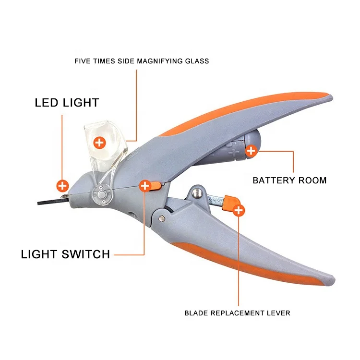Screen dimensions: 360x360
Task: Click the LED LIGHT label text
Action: tap(67, 103)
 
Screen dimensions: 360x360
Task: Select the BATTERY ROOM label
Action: tap(289, 180)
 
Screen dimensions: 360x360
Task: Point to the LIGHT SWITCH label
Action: tap(65, 254)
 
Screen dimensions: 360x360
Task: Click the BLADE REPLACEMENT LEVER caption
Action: tap(237, 313)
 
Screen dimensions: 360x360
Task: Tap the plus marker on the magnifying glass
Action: tap(99, 142)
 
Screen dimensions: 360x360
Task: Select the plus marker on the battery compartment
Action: tap(251, 152)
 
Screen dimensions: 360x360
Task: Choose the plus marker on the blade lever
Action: tap(239, 209)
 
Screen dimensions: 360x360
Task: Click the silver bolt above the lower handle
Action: tap(196, 193)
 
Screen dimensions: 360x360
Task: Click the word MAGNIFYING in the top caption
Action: tap(159, 61)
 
